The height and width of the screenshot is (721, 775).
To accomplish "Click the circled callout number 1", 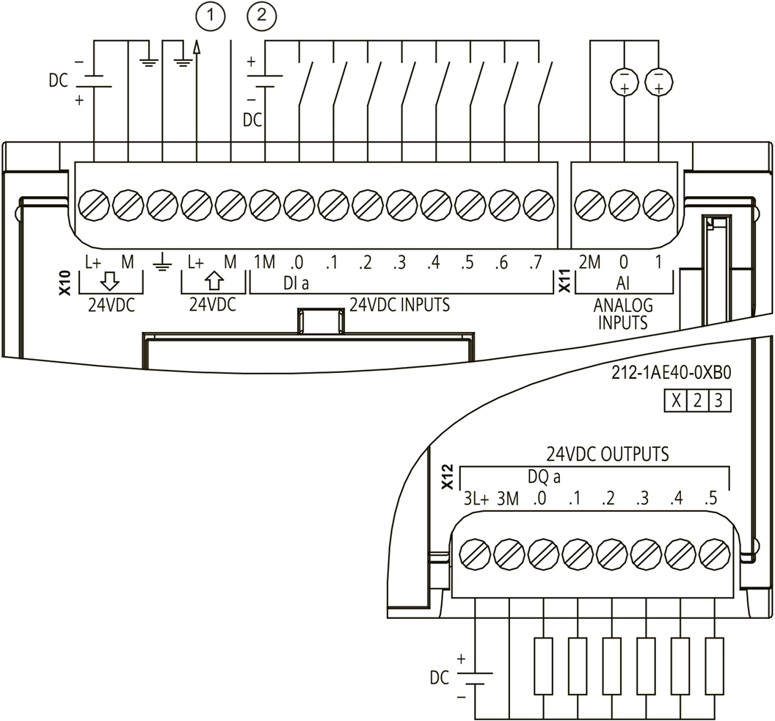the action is (211, 16).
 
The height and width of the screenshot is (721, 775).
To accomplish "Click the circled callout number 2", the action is (261, 16).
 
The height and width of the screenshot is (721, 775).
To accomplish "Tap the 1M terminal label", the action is (264, 261).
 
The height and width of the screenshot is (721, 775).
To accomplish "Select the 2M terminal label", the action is (589, 261).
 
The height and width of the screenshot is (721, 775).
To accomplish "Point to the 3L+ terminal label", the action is (476, 499).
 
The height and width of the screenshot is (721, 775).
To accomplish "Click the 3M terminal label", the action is (508, 499).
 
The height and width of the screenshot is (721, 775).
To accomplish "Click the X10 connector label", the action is (65, 283).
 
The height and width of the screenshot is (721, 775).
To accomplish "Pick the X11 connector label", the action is (564, 281).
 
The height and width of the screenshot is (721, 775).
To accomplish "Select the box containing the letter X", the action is (676, 401).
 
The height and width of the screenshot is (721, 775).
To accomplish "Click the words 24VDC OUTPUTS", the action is (608, 454).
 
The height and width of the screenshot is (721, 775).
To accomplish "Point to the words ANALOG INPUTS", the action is (623, 314).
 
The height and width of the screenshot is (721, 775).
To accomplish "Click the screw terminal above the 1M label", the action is (265, 204).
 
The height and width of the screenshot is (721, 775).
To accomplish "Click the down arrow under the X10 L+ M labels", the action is (109, 282).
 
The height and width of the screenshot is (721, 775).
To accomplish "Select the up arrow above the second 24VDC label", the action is (214, 281).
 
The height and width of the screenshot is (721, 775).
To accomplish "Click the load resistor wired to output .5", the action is (715, 667).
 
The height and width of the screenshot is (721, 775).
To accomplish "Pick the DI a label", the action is (296, 283).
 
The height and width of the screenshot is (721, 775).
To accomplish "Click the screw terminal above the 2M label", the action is (590, 204).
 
